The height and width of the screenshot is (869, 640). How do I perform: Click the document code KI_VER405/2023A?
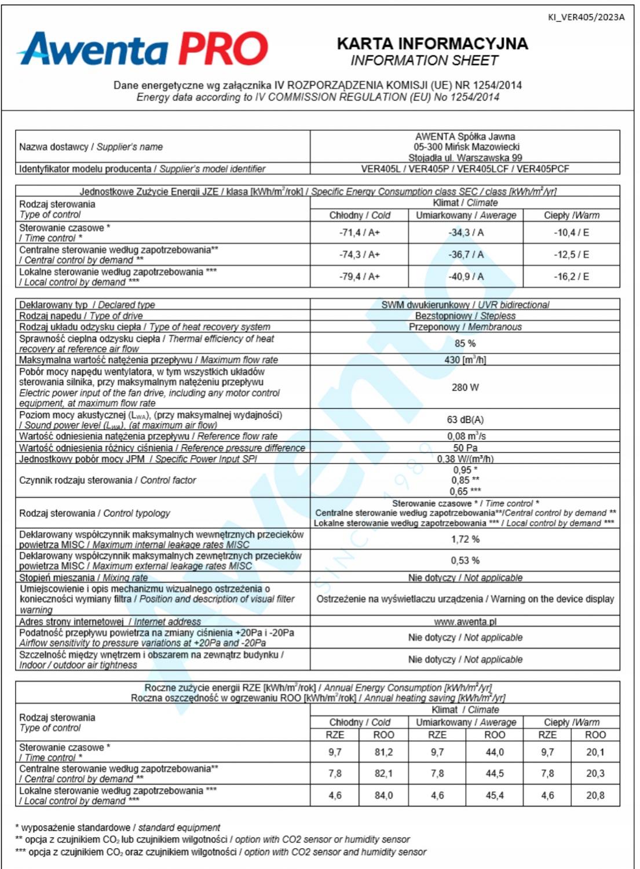point(586,17)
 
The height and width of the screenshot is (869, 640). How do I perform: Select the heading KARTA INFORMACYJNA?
point(432,43)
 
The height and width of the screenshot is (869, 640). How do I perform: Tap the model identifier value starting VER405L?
point(465,169)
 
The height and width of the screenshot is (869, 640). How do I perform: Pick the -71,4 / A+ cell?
point(359,232)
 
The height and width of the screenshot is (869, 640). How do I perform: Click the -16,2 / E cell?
point(571,276)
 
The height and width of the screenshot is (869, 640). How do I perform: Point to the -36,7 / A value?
point(466,254)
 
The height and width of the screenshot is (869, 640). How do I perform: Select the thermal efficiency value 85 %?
point(465,343)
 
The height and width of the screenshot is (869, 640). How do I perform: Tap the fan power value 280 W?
point(465,387)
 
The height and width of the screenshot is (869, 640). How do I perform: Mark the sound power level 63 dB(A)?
point(465,419)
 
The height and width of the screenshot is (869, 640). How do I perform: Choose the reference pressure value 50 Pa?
point(465,448)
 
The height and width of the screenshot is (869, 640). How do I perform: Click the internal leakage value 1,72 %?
point(465,539)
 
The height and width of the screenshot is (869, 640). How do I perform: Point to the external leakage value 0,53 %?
point(465,561)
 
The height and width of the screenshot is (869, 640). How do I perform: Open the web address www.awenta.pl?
point(465,622)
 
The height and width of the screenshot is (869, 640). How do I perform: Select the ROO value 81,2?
point(383,752)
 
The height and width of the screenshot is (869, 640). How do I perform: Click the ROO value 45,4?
point(494,795)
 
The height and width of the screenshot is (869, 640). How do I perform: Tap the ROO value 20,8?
point(595,795)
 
